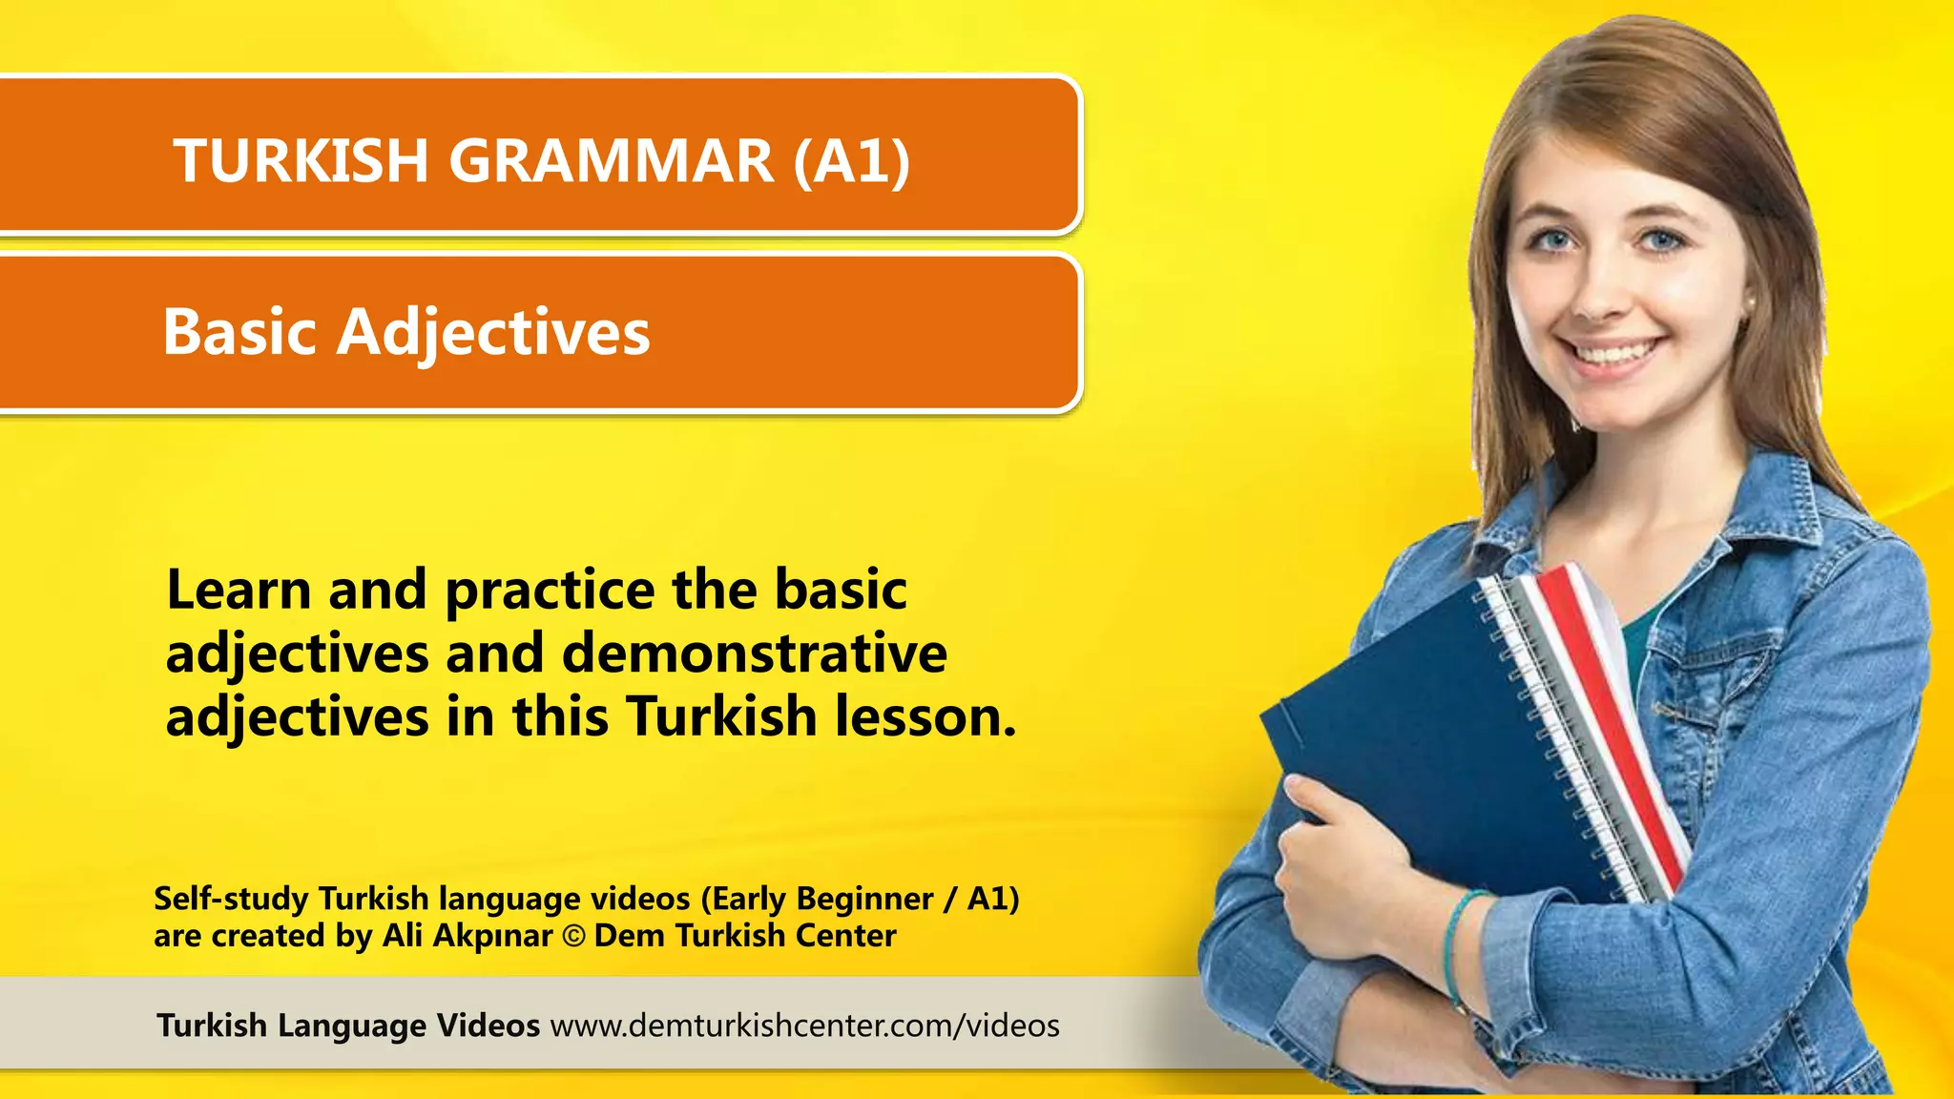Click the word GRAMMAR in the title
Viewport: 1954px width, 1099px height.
(x=611, y=160)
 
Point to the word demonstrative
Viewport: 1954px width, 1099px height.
(x=754, y=653)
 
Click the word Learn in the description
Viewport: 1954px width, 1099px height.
(x=239, y=590)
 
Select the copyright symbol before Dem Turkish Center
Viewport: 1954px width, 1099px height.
(x=573, y=937)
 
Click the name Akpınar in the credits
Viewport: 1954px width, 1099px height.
(x=492, y=937)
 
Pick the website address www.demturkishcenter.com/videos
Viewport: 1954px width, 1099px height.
(x=804, y=1026)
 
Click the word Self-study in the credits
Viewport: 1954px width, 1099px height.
(x=231, y=899)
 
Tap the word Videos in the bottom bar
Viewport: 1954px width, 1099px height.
(x=488, y=1026)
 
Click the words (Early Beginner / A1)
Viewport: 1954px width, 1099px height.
(x=860, y=899)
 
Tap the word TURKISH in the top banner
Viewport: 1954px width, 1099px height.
(x=301, y=160)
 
